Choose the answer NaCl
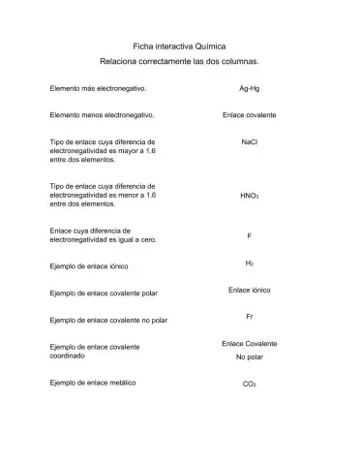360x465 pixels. (249, 140)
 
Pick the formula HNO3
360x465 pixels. (249, 194)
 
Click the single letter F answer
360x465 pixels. (249, 235)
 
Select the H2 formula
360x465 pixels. (249, 263)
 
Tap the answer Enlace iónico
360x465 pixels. (249, 290)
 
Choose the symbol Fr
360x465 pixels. (249, 317)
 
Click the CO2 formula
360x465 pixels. (249, 385)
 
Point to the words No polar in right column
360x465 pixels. (249, 357)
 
